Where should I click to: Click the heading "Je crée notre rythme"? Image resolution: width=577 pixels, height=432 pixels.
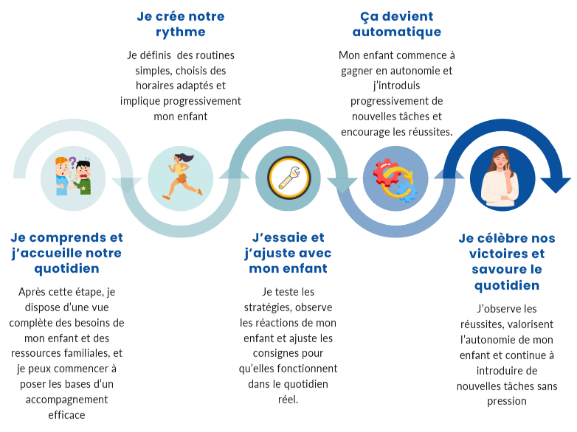(181, 24)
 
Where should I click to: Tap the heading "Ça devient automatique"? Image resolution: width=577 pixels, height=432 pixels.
(396, 24)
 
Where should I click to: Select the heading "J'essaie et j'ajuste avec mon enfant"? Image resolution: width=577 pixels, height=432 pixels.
(288, 253)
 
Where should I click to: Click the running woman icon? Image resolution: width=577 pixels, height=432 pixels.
(181, 177)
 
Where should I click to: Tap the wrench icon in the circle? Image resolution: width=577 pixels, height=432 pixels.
(288, 178)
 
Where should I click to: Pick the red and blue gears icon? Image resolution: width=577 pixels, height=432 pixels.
(395, 179)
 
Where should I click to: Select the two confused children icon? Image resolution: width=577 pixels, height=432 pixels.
(75, 177)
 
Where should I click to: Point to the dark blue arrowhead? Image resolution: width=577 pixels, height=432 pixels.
(556, 184)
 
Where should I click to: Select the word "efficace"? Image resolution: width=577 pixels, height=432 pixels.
(66, 415)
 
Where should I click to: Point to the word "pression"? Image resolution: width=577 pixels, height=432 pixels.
(507, 401)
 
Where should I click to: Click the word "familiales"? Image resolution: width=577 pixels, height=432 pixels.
(79, 353)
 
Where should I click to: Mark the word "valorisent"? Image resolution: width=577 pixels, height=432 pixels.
(527, 324)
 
